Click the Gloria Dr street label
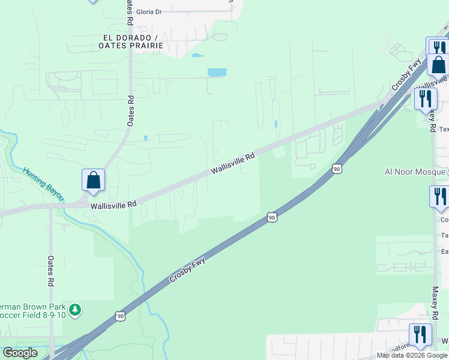[x=149, y=11]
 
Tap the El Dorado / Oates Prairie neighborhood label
[x=130, y=41]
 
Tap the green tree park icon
[x=75, y=310]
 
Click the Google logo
[x=20, y=353]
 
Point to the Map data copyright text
[x=412, y=355]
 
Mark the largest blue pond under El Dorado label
[x=217, y=73]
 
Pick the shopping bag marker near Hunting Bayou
[x=93, y=180]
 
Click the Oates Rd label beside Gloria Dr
[x=130, y=12]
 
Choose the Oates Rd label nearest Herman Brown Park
[x=51, y=271]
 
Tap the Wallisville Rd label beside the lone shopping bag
[x=113, y=205]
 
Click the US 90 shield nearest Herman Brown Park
[x=121, y=315]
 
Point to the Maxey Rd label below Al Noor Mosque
[x=435, y=302]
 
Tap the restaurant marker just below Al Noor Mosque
[x=439, y=196]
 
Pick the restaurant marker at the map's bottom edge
[x=420, y=334]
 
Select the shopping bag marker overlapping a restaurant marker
[x=438, y=64]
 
